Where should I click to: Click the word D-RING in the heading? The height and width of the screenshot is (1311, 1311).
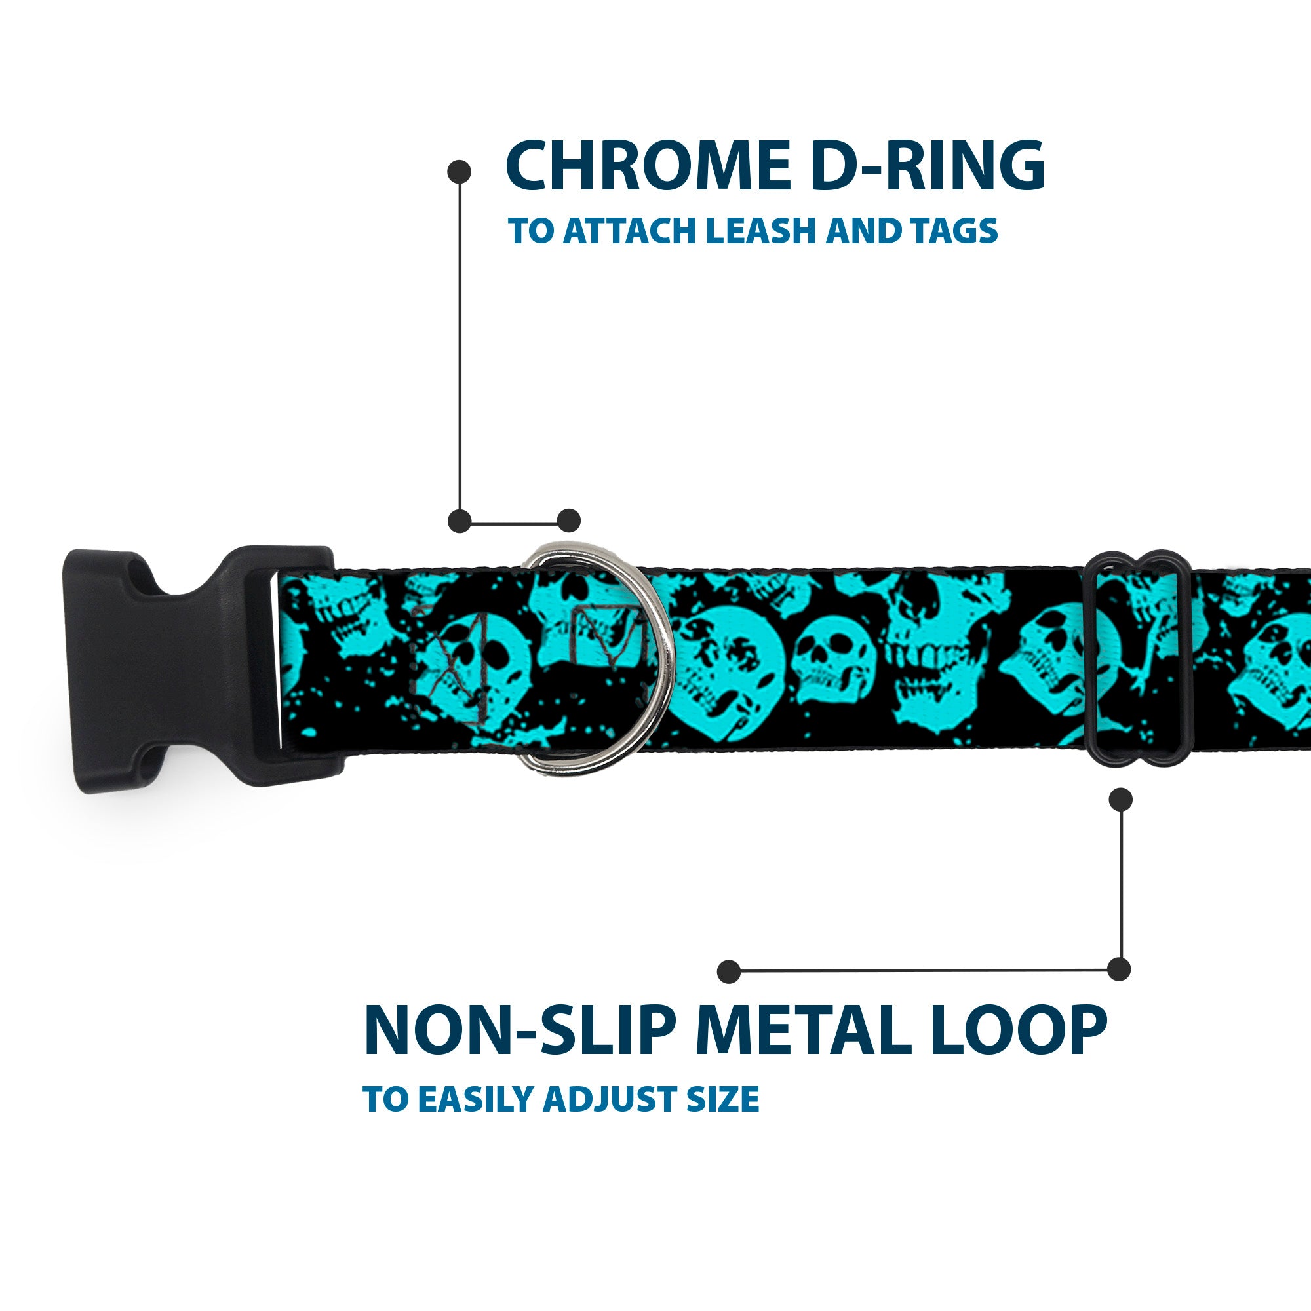928,166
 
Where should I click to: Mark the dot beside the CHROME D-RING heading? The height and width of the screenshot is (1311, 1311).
460,172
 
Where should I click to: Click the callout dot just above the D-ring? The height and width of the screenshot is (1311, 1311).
568,520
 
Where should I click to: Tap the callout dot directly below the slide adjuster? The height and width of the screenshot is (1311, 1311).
1120,799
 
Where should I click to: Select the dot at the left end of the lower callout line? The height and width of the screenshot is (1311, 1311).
729,971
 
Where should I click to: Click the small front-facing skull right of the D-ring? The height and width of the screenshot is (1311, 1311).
834,659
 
